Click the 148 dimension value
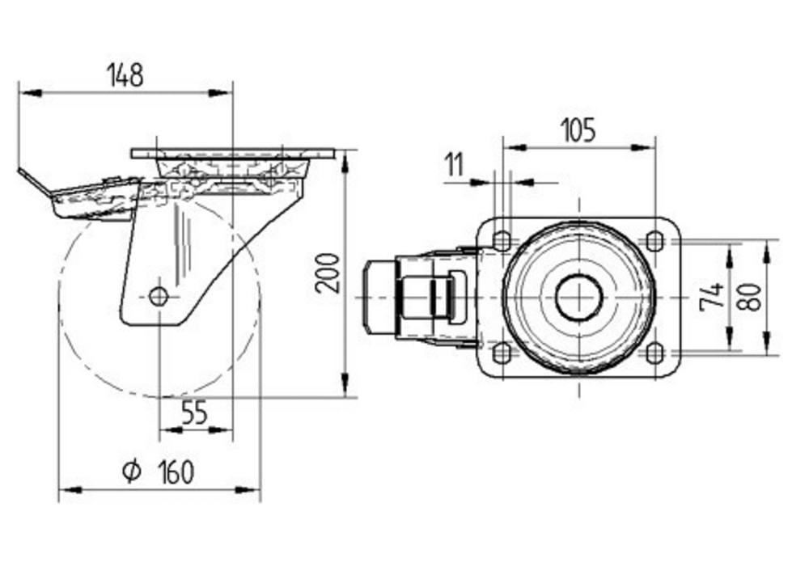coord(125,75)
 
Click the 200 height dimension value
coord(328,273)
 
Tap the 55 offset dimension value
coord(194,412)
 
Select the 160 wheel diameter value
coord(176,472)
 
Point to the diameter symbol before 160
coord(132,471)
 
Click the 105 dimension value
coord(578,130)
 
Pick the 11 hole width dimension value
coord(455,164)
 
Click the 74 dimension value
coord(712,297)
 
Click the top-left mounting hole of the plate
coord(502,241)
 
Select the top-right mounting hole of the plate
coord(654,241)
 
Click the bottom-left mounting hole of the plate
coord(502,353)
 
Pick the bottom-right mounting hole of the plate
coord(654,353)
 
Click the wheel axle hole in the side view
coord(159,297)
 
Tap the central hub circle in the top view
coord(579,298)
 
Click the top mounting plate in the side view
coord(233,154)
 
